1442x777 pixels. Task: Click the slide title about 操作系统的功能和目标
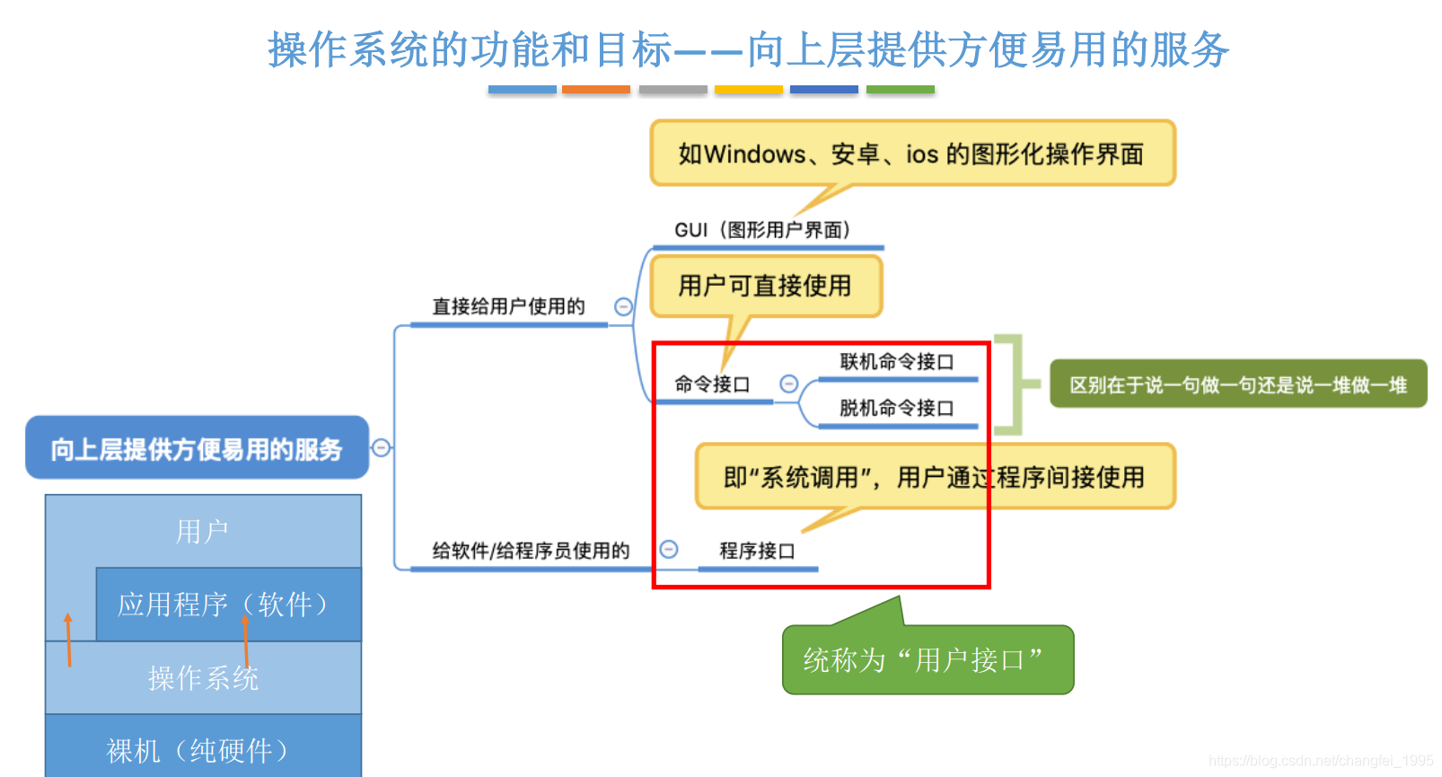(748, 49)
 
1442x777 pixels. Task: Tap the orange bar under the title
(595, 90)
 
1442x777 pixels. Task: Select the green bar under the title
(900, 90)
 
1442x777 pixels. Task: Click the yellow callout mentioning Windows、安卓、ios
(911, 154)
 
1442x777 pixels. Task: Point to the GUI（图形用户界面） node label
(762, 230)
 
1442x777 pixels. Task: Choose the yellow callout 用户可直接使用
(765, 286)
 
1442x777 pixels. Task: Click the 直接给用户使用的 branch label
(508, 306)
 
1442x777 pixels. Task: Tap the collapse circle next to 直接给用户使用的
(623, 307)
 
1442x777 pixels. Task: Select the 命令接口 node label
(712, 384)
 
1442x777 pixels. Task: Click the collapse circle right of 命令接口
(788, 384)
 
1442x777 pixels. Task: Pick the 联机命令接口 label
(896, 362)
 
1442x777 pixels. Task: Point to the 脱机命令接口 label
(896, 408)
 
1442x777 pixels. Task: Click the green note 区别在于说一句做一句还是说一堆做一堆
(1237, 384)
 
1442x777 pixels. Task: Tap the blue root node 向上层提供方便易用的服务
(197, 448)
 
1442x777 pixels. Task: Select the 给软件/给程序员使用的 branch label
(531, 551)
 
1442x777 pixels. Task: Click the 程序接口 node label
(757, 551)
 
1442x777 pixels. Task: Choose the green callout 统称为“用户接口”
(927, 660)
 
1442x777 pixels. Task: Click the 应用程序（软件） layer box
(228, 604)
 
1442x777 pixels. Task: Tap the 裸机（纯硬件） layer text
(198, 750)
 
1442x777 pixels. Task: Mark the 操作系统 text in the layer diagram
(203, 678)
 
